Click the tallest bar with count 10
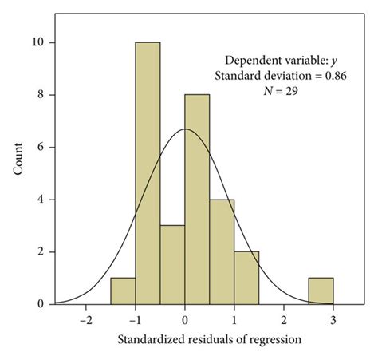point(148,172)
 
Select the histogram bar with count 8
point(197,200)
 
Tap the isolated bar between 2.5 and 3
point(321,291)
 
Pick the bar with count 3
point(172,264)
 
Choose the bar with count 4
point(222,251)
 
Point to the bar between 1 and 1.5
point(246,278)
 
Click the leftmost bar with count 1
point(123,291)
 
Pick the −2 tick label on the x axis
point(85,318)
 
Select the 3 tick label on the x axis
point(333,318)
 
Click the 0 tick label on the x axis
point(185,318)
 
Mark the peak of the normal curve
point(185,129)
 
